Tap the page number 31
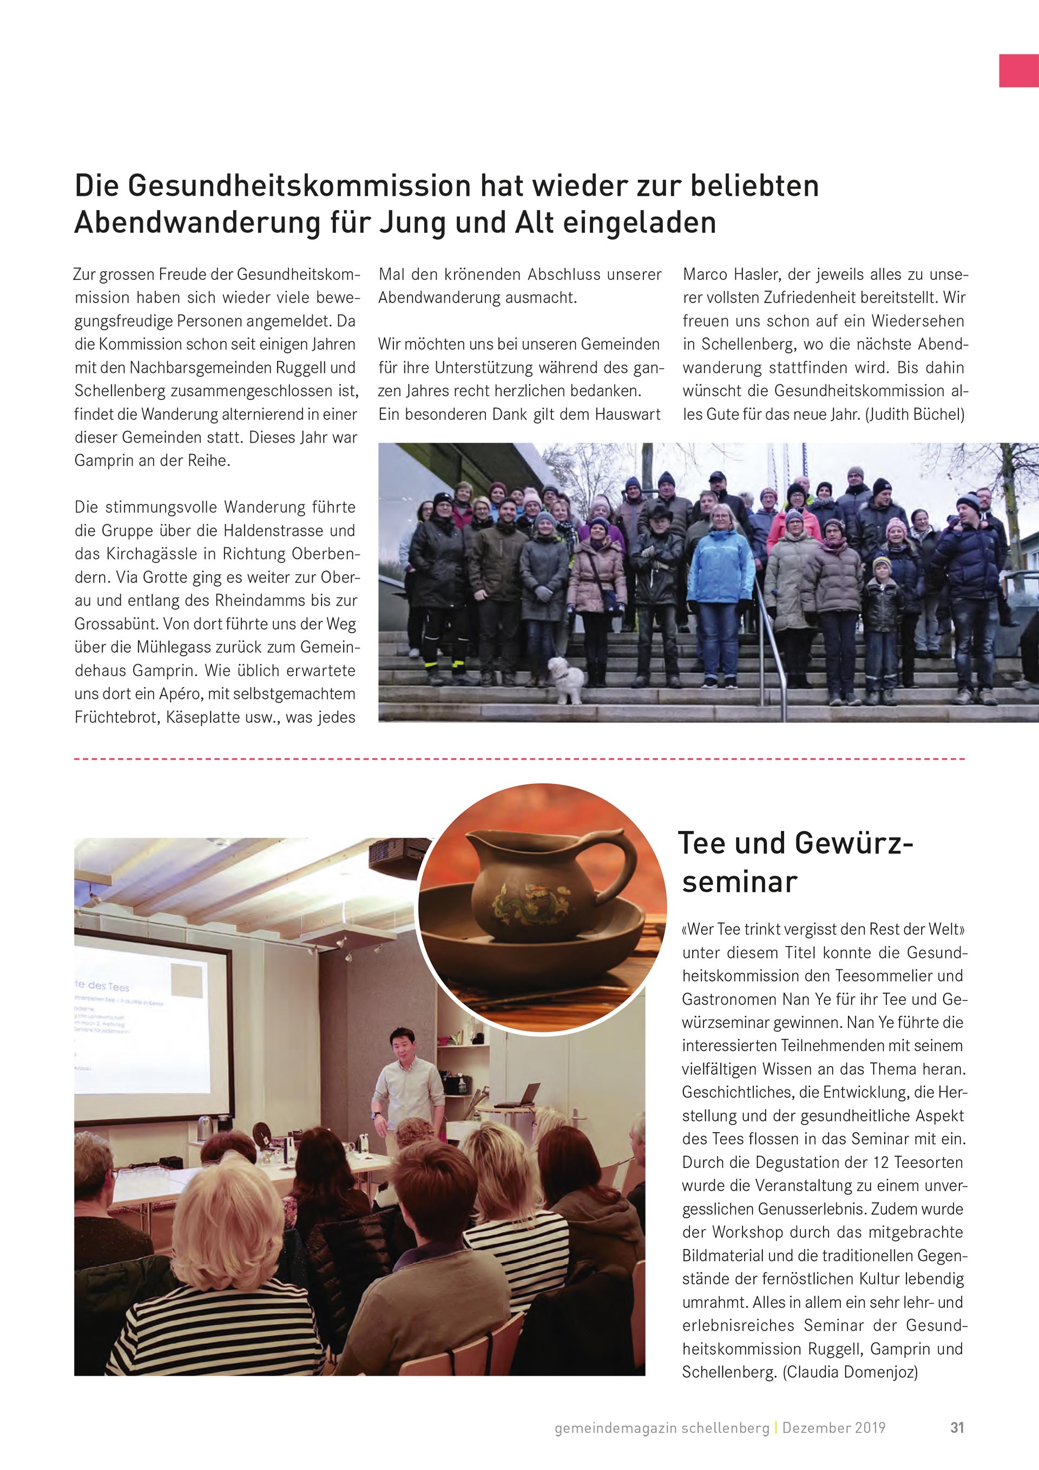[956, 1427]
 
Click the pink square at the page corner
[1018, 70]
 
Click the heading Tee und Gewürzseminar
[795, 862]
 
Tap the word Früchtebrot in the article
[115, 717]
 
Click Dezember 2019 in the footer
[833, 1428]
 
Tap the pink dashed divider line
[519, 759]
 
